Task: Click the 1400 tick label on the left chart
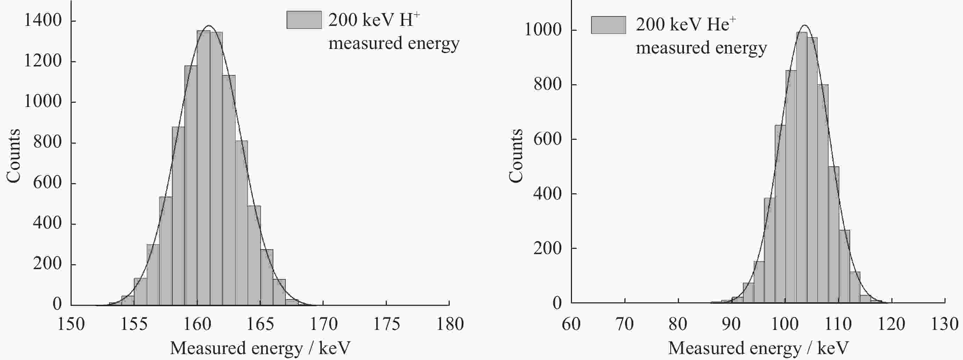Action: [43, 20]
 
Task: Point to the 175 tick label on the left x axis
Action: [386, 324]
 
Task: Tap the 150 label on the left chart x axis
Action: [71, 324]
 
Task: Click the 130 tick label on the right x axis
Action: [944, 324]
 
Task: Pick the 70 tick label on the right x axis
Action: [624, 324]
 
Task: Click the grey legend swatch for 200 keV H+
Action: [304, 20]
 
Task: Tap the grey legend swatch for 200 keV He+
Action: [608, 25]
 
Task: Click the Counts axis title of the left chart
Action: [14, 156]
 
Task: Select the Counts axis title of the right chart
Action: [516, 156]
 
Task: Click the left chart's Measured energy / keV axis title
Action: [260, 348]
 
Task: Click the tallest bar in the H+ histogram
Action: [203, 168]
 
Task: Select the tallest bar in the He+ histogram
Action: [802, 168]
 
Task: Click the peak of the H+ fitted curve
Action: [209, 26]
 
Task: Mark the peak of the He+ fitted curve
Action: [804, 26]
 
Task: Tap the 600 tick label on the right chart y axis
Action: [547, 139]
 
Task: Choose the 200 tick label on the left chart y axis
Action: [47, 264]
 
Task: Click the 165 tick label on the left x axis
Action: [260, 324]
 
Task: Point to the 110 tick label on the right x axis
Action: [838, 324]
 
